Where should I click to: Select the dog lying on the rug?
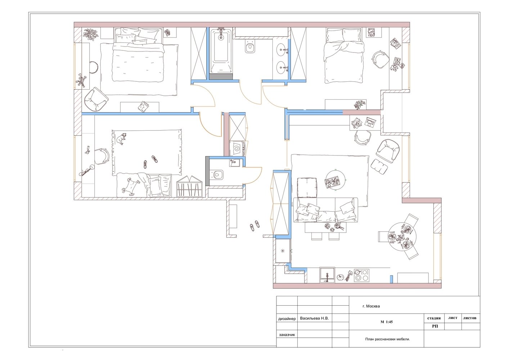point(122,138)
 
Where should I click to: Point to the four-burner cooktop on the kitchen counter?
point(361,275)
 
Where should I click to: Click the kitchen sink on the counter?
point(327,275)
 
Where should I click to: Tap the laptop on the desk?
point(370,122)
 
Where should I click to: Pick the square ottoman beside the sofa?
point(307,188)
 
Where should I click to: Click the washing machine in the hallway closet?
point(237,149)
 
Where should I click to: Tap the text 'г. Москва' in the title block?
point(371,306)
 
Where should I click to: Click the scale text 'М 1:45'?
point(387,322)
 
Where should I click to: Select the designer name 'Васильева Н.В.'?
point(314,318)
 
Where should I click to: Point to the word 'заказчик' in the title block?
point(287,335)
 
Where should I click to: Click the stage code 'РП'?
point(435,326)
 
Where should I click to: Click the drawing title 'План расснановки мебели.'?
point(387,339)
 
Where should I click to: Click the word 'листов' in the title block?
point(469,318)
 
